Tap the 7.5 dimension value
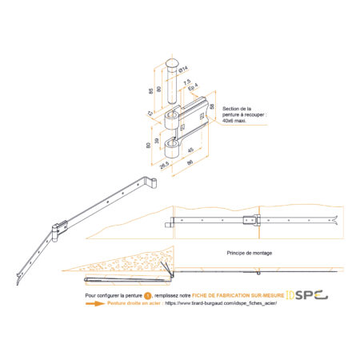pyautogui.click(x=185, y=82)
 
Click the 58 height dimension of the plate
pyautogui.click(x=212, y=106)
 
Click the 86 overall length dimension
pyautogui.click(x=189, y=162)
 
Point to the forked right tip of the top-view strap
pyautogui.click(x=340, y=222)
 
